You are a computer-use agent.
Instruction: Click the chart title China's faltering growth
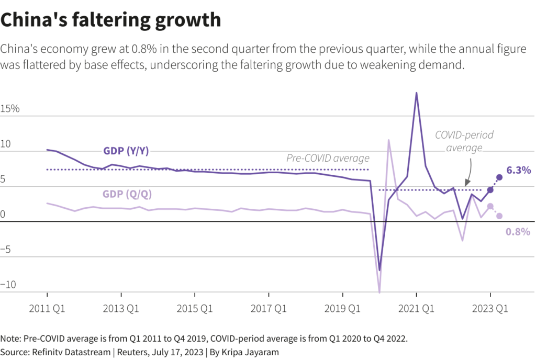(111, 20)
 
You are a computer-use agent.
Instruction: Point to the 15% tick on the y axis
(10, 109)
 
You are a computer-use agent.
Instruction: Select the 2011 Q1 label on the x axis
(47, 309)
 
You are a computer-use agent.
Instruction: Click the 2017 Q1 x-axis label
(269, 309)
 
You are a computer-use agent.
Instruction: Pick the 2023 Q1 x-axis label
(490, 309)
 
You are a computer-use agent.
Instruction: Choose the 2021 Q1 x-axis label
(416, 309)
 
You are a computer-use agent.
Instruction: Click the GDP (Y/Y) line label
(126, 151)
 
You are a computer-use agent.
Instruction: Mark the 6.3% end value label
(519, 170)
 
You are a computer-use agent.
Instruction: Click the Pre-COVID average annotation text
(328, 158)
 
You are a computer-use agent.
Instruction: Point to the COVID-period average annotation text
(464, 141)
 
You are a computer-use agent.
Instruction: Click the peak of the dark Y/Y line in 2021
(416, 93)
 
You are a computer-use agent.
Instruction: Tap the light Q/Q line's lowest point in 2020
(379, 291)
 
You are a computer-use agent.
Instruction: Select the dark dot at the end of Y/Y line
(499, 177)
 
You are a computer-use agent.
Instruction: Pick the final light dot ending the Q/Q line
(499, 216)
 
